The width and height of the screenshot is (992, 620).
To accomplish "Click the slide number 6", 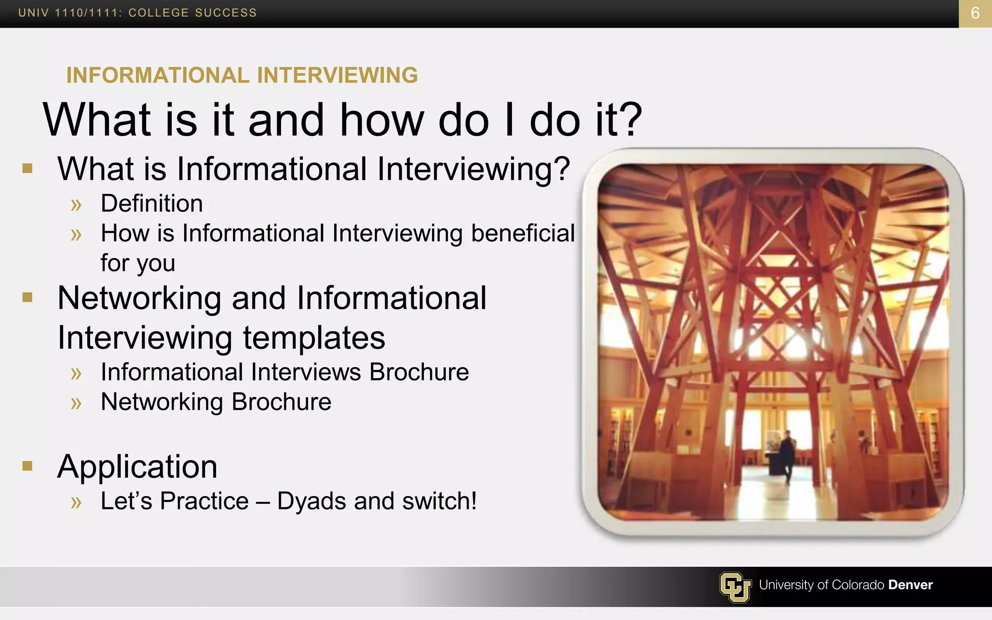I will [975, 13].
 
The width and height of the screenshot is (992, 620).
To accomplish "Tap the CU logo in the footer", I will [735, 587].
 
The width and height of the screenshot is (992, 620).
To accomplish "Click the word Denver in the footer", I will [910, 585].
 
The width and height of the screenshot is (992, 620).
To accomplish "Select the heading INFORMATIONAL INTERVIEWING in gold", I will [242, 76].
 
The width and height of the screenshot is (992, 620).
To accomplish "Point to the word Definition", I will [152, 203].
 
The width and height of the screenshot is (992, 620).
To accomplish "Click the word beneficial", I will [523, 233].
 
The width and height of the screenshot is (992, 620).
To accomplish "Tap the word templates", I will [314, 338].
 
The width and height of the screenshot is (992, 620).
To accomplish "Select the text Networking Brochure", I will [216, 402].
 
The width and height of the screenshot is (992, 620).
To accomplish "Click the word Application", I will [137, 467].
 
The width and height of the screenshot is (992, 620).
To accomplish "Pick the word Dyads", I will [311, 501].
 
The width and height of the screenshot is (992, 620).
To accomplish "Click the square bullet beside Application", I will [28, 466].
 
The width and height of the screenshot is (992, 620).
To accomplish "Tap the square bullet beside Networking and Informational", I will [28, 297].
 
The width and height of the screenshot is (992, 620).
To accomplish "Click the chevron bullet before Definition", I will [76, 205].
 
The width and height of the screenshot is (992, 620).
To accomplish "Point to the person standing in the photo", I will [787, 455].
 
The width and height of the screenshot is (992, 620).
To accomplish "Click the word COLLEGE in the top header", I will [158, 13].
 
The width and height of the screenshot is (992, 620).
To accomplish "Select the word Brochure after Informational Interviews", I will [419, 372].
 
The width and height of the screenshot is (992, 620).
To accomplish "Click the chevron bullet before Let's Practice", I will [76, 502].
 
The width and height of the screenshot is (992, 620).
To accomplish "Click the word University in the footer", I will [786, 585].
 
